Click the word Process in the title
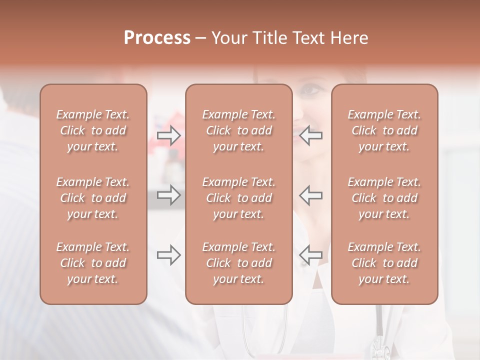[x=157, y=38]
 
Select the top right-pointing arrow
[x=169, y=135]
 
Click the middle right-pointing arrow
[x=169, y=195]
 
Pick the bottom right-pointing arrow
[x=169, y=255]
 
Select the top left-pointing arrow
[x=311, y=135]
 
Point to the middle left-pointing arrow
[x=311, y=195]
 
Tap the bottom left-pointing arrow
[x=311, y=255]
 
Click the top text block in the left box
[x=93, y=130]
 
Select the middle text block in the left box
[x=93, y=198]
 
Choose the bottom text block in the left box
[x=93, y=263]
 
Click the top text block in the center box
[x=239, y=130]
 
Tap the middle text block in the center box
[x=239, y=198]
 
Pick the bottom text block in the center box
[x=239, y=263]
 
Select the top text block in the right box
[x=384, y=130]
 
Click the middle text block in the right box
[x=384, y=198]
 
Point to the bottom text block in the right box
[x=384, y=263]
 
